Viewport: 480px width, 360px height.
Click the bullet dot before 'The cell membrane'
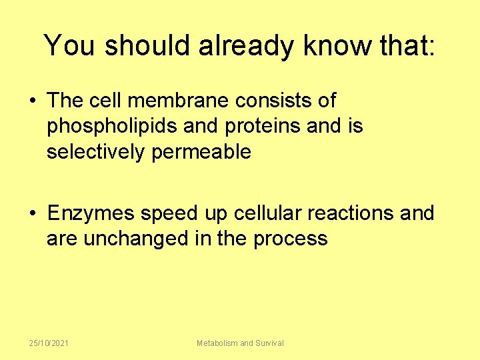[32, 101]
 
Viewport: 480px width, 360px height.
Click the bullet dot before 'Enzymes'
[32, 214]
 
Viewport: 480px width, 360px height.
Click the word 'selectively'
[95, 152]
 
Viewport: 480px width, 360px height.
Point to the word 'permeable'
[201, 153]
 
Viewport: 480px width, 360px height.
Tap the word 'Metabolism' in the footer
[217, 343]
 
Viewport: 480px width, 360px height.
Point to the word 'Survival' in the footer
[270, 343]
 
